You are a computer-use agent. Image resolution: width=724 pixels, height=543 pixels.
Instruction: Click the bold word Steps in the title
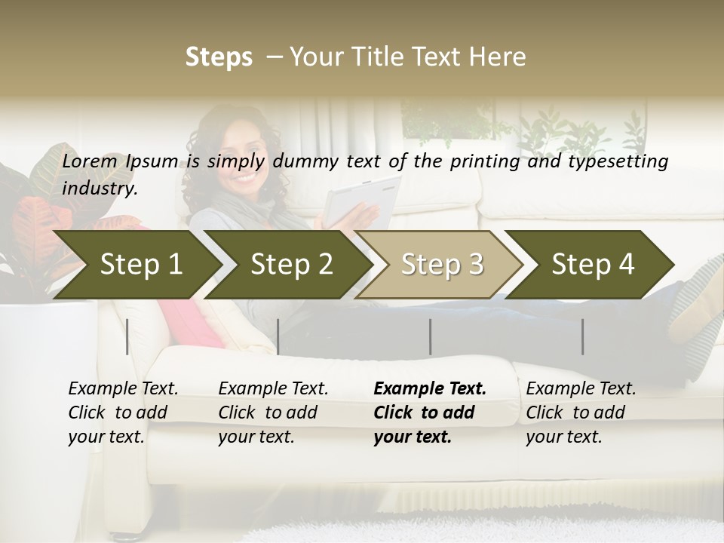tap(219, 57)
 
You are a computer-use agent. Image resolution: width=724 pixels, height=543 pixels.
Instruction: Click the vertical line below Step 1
tap(127, 336)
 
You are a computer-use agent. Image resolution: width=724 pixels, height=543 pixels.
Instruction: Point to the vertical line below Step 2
tap(278, 336)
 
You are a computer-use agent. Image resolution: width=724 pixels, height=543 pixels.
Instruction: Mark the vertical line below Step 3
tap(430, 336)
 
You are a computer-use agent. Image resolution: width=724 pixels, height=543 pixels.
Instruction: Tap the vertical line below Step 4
tap(582, 336)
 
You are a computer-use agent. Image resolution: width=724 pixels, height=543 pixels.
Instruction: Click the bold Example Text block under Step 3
tap(430, 413)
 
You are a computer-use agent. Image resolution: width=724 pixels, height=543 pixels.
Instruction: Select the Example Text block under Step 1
tap(123, 413)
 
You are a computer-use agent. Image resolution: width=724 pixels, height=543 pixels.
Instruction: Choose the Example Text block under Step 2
tap(273, 413)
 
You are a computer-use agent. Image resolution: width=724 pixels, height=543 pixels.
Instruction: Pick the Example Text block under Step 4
tap(581, 413)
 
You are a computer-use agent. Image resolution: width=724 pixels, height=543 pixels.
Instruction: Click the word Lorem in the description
tap(90, 161)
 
